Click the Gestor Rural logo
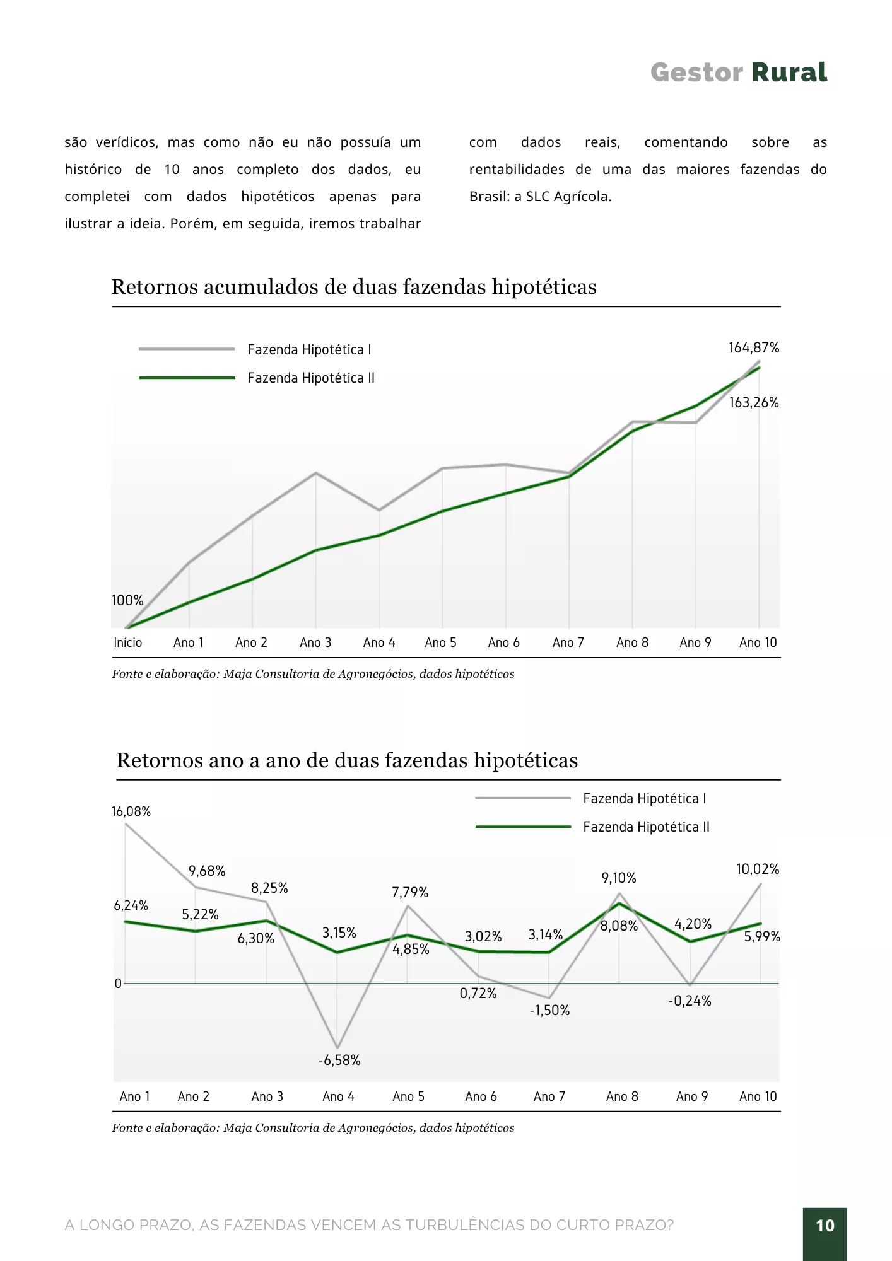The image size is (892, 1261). point(738,73)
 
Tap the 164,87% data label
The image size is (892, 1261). point(754,347)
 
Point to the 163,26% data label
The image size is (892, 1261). point(754,402)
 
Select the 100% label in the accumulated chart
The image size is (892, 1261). point(127,600)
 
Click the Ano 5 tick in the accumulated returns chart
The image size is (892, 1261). point(440,642)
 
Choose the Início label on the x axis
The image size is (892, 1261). point(127,642)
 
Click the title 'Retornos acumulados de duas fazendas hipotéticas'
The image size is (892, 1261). point(354,287)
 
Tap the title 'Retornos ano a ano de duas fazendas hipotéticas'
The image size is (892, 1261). point(347,760)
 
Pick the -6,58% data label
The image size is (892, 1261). point(339,1060)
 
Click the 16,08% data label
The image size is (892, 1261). point(131,811)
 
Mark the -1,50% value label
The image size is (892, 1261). point(549,1010)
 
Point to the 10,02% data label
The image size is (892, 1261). point(758,869)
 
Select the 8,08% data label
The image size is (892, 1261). point(619,926)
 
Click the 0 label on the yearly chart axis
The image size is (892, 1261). point(118,984)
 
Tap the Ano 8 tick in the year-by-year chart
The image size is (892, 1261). point(622,1096)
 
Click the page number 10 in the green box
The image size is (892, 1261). point(825,1226)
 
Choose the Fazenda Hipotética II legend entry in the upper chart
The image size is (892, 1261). point(257,378)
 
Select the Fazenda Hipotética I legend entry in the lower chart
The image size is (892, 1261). point(590,798)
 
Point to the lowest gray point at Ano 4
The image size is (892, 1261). point(337,1048)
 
